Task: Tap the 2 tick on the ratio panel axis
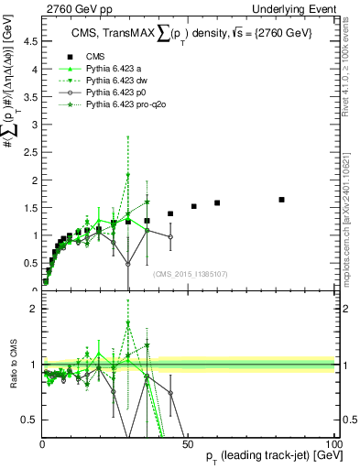33,309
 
